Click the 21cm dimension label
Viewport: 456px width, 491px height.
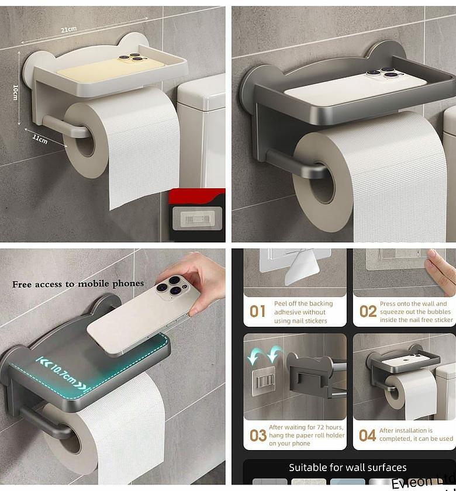(69, 30)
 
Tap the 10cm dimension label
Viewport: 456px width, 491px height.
(16, 92)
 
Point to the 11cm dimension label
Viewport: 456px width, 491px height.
(40, 140)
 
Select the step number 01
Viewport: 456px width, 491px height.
(257, 312)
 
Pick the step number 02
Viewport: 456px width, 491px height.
(368, 312)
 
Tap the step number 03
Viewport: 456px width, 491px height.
(258, 435)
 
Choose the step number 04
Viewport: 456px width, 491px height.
(367, 435)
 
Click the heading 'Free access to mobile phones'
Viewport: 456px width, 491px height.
(78, 284)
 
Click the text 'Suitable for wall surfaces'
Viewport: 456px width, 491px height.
(347, 468)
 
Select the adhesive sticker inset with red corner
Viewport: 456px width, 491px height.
(197, 217)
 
